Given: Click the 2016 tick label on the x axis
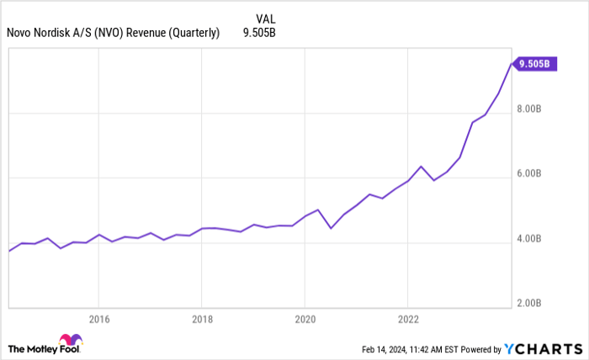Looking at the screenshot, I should tap(98, 319).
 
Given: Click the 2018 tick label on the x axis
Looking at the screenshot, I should tap(201, 319).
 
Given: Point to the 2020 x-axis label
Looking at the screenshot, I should tap(305, 319).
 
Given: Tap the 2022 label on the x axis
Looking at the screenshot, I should tap(407, 319).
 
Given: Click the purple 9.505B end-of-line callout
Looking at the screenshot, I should tap(535, 63).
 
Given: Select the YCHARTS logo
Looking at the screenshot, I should tap(543, 349).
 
